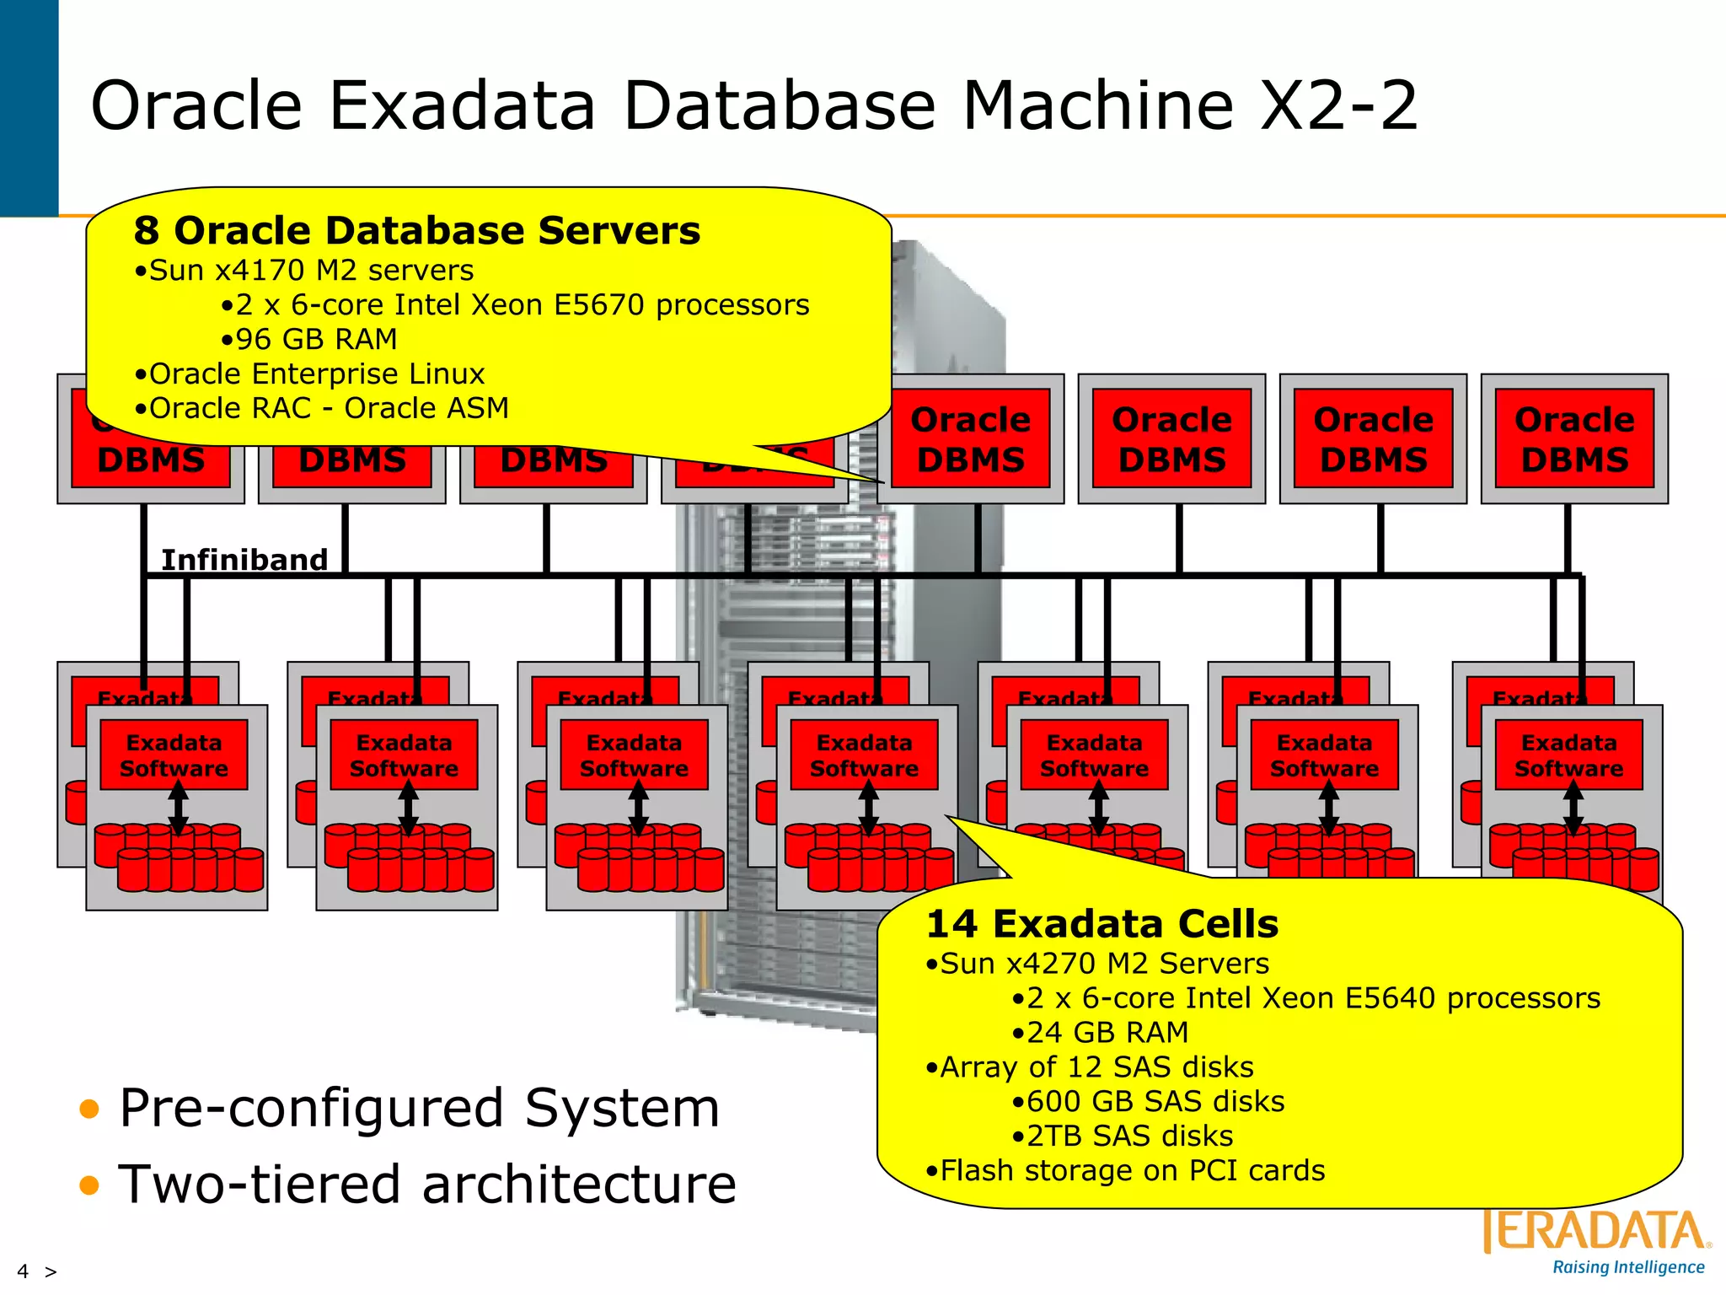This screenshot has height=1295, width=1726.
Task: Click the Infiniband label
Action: pyautogui.click(x=244, y=560)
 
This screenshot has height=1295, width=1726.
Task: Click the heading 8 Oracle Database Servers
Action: pyautogui.click(x=416, y=230)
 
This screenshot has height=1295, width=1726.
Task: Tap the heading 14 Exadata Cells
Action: pyautogui.click(x=1102, y=924)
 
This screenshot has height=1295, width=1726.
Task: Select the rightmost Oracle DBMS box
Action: pyautogui.click(x=1574, y=439)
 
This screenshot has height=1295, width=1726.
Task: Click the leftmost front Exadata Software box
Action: pyautogui.click(x=174, y=755)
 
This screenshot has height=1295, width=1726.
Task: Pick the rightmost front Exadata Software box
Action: pyautogui.click(x=1568, y=755)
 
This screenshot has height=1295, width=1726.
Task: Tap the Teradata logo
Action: pyautogui.click(x=1595, y=1232)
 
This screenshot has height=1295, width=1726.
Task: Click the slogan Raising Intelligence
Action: pyautogui.click(x=1628, y=1267)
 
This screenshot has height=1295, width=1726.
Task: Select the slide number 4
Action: pyautogui.click(x=23, y=1271)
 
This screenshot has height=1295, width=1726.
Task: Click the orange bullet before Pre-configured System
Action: pyautogui.click(x=89, y=1109)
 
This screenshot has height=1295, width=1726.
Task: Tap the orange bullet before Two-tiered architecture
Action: pyautogui.click(x=89, y=1185)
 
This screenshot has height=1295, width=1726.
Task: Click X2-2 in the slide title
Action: pyautogui.click(x=1338, y=105)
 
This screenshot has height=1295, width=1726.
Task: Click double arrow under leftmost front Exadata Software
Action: pyautogui.click(x=178, y=807)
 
